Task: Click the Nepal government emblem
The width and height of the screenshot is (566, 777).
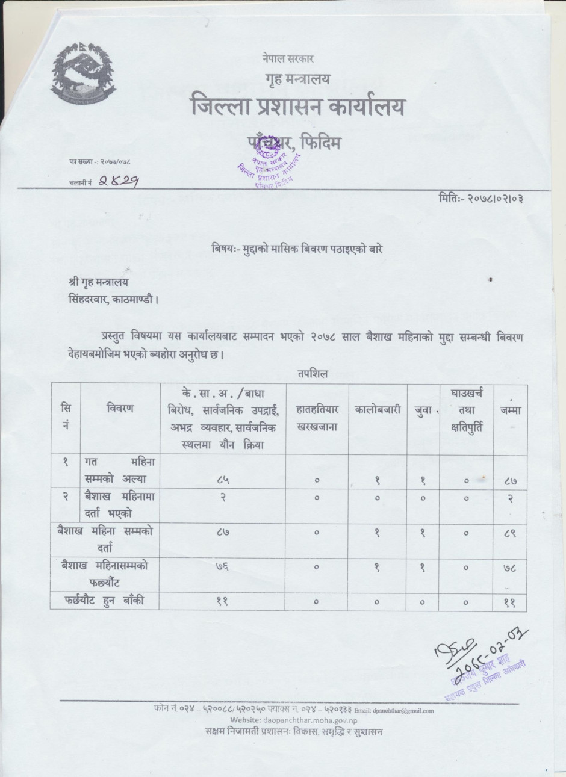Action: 84,75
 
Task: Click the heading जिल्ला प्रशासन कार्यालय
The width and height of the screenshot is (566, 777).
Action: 297,107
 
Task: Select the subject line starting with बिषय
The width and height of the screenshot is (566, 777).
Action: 297,248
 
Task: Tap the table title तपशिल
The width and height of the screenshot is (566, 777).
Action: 311,374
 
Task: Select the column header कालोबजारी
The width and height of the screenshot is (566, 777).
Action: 378,410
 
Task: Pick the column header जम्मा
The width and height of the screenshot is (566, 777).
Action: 510,410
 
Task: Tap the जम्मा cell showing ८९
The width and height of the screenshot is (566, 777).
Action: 510,533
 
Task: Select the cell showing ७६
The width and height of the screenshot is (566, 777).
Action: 223,567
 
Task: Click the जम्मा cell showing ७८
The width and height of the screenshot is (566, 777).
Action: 510,567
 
